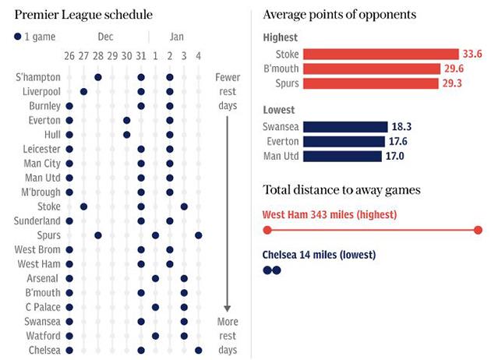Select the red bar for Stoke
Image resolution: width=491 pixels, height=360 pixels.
[x=380, y=54]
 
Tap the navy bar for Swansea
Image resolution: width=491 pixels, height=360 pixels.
[x=345, y=127]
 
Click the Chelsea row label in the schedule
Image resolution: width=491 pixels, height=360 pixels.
[x=45, y=351]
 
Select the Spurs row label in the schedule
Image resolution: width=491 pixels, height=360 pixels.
[x=48, y=235]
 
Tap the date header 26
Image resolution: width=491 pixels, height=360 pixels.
[x=69, y=56]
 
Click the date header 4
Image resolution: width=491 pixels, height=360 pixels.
[x=198, y=56]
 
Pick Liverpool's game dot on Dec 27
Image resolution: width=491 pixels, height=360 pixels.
[x=83, y=91]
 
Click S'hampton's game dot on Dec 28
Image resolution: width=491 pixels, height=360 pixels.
[x=98, y=77]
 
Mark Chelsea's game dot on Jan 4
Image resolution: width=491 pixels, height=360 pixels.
[x=198, y=351]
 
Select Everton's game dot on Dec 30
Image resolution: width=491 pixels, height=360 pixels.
[x=126, y=120]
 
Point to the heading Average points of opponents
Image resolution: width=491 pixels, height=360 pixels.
[x=339, y=15]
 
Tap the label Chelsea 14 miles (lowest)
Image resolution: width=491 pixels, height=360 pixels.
[x=320, y=255]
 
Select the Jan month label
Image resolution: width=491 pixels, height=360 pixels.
[x=177, y=37]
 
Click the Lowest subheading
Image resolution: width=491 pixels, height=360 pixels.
[x=279, y=111]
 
